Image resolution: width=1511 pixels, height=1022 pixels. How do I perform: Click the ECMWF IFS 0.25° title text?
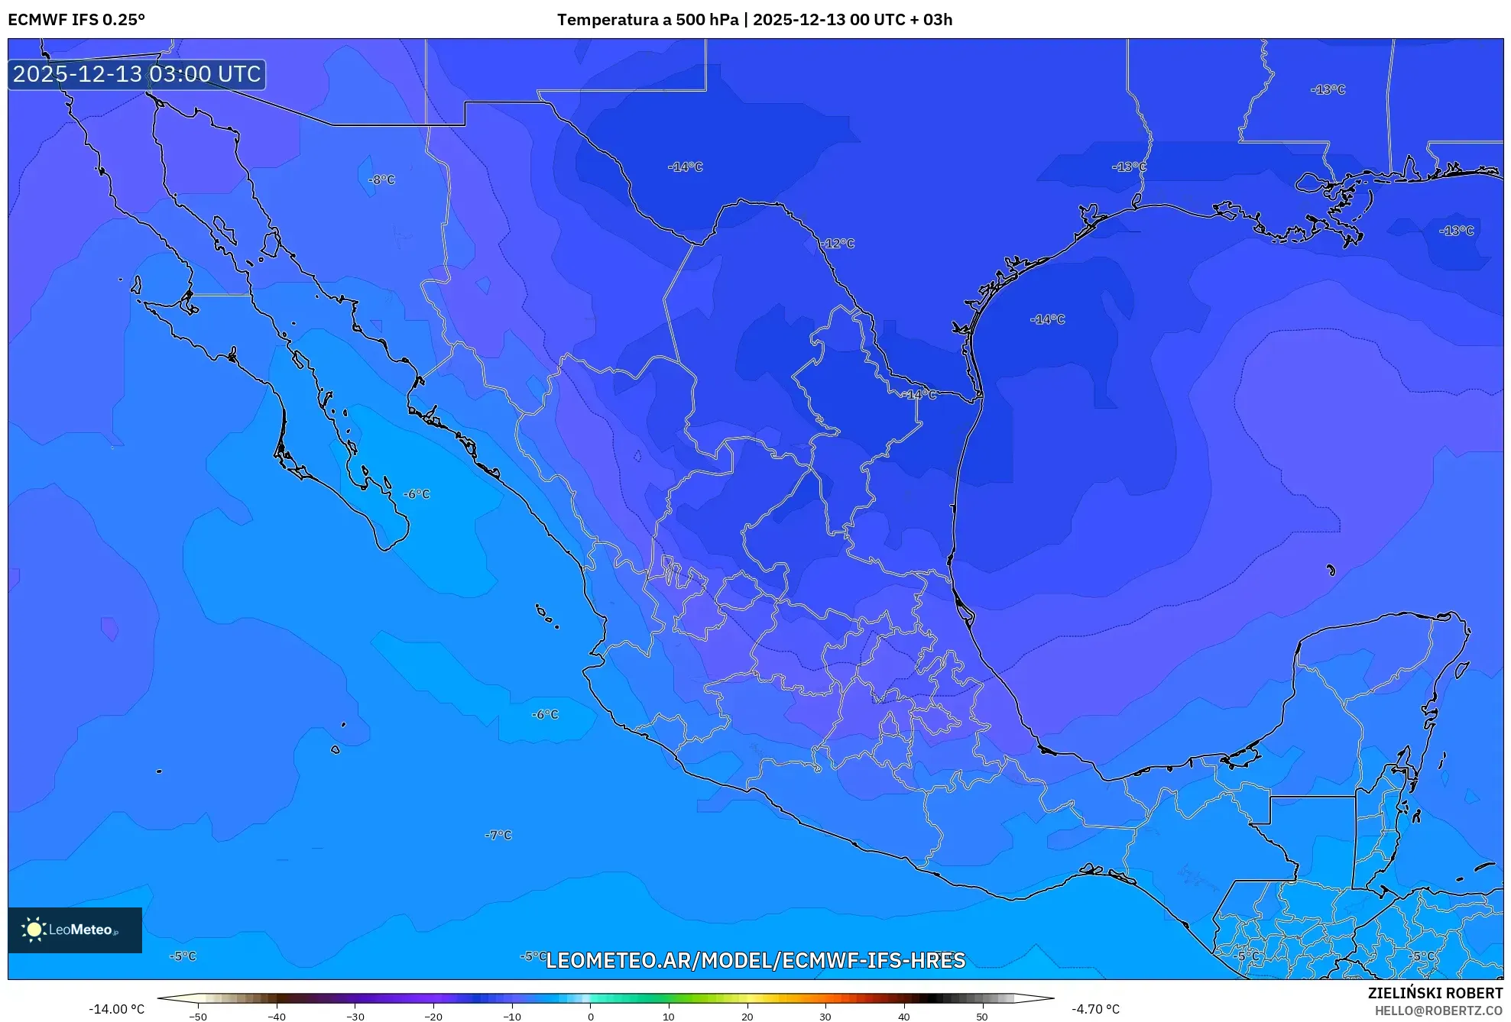pyautogui.click(x=76, y=20)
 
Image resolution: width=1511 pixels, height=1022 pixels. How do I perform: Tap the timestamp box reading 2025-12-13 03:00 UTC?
pyautogui.click(x=137, y=74)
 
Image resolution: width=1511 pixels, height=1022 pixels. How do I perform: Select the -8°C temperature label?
pyautogui.click(x=381, y=179)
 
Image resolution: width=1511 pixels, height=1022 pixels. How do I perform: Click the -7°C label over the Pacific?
pyautogui.click(x=498, y=835)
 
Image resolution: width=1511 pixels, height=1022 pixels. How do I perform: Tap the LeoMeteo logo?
pyautogui.click(x=74, y=930)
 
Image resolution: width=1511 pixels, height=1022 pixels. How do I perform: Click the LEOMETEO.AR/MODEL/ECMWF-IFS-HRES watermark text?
pyautogui.click(x=755, y=960)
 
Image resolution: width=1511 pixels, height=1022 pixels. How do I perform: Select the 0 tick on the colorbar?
pyautogui.click(x=590, y=1016)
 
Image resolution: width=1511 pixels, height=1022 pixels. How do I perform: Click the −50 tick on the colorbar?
pyautogui.click(x=198, y=1016)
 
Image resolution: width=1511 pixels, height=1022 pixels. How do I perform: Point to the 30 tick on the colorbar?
pyautogui.click(x=825, y=1016)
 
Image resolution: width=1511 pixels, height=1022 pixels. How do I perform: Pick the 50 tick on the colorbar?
pyautogui.click(x=982, y=1016)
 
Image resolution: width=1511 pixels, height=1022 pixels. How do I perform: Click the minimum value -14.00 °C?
pyautogui.click(x=116, y=1009)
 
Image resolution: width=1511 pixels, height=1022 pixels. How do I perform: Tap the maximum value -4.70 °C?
pyautogui.click(x=1095, y=1009)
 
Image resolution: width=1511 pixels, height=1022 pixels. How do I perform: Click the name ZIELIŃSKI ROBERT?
pyautogui.click(x=1435, y=993)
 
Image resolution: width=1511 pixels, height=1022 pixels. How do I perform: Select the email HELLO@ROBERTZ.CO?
pyautogui.click(x=1438, y=1011)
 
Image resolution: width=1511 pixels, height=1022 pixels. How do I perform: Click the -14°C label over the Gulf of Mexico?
pyautogui.click(x=1047, y=319)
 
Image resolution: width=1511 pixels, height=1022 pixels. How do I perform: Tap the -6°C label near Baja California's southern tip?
pyautogui.click(x=417, y=494)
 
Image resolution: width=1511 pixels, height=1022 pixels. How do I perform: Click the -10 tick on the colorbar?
pyautogui.click(x=512, y=1016)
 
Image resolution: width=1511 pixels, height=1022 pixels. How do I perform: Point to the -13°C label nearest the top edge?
pyautogui.click(x=1328, y=89)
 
